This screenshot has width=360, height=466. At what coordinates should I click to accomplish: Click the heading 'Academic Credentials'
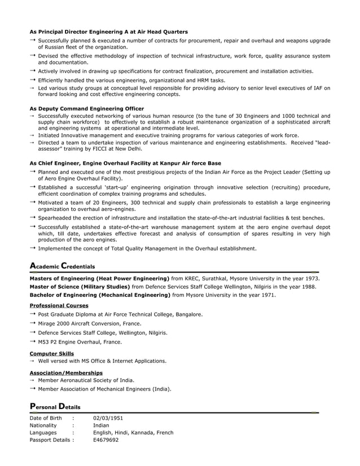62,266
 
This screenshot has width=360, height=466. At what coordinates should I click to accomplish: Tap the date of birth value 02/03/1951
108,418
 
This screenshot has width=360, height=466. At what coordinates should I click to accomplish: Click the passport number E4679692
106,440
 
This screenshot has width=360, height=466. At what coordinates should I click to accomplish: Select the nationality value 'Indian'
101,425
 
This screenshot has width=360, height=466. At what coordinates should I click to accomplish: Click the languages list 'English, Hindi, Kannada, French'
133,433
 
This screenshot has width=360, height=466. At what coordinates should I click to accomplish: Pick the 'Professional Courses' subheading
59,305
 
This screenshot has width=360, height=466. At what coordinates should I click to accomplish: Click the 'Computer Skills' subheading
51,354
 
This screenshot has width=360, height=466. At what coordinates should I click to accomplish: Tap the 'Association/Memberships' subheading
66,373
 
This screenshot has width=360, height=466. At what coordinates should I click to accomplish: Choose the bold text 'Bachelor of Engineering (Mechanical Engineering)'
99,294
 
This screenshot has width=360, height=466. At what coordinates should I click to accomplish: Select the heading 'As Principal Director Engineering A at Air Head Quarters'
108,32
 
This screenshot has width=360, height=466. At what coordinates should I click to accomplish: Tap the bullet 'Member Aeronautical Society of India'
86,380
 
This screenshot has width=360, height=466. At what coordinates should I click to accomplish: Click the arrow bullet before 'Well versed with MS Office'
33,361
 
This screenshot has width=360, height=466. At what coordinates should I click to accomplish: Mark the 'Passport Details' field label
50,440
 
